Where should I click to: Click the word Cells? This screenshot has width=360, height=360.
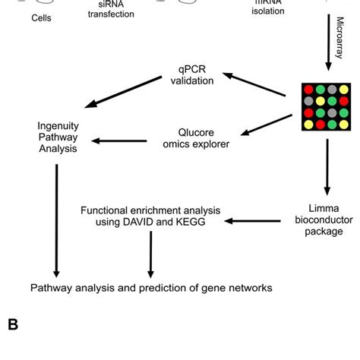point(42,17)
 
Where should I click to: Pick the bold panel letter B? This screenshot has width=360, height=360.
point(13,324)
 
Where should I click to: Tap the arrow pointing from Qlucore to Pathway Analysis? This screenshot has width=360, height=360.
point(115,141)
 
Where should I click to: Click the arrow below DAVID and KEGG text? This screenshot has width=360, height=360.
point(151,254)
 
